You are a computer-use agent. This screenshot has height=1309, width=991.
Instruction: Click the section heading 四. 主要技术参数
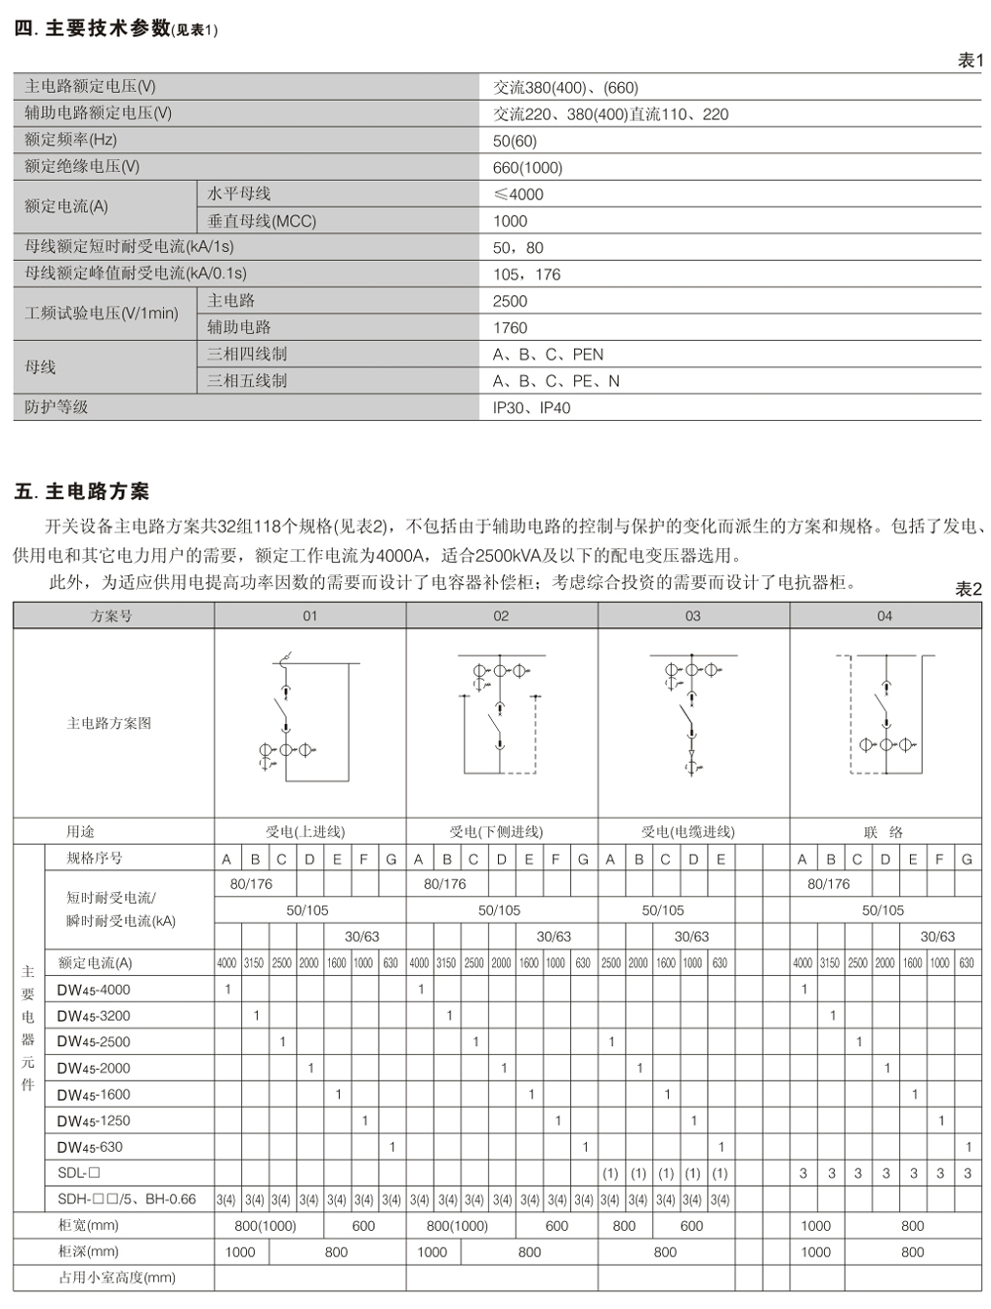tap(93, 29)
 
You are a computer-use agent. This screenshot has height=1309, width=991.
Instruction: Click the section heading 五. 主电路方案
tap(82, 491)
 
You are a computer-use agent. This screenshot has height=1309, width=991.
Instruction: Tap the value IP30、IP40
tap(531, 408)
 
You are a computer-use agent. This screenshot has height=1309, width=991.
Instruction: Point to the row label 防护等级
tap(57, 407)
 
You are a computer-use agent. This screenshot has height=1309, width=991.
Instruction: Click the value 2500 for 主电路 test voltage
tap(510, 302)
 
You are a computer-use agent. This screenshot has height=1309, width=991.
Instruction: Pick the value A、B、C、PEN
tap(548, 355)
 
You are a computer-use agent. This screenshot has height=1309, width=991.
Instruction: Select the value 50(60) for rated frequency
tap(515, 142)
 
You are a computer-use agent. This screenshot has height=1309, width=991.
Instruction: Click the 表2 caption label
tap(968, 589)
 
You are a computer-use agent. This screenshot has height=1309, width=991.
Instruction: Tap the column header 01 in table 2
tap(310, 616)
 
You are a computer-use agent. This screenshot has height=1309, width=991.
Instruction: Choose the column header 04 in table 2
tap(885, 616)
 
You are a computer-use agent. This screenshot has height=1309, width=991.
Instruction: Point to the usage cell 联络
tap(884, 832)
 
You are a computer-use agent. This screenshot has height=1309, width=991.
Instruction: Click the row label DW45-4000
tap(93, 990)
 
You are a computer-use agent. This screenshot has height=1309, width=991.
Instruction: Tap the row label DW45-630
tap(90, 1147)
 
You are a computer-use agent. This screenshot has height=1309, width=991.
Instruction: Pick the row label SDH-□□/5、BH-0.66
tap(126, 1200)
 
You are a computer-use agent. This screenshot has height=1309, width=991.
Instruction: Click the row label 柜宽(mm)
tap(89, 1225)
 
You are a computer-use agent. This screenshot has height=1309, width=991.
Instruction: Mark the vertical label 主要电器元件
tap(27, 1028)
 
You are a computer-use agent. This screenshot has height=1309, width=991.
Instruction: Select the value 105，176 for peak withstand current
tap(526, 274)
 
